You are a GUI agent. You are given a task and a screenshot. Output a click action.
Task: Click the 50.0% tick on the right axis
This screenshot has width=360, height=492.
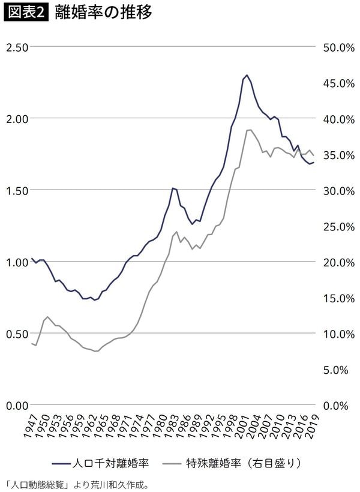click(x=339, y=47)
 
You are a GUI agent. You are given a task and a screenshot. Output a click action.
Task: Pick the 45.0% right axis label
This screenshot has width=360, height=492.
click(x=339, y=83)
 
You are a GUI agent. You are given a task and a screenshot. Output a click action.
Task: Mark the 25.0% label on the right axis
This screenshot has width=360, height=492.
click(x=339, y=226)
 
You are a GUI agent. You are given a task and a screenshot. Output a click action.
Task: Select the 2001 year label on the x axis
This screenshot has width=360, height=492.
click(x=242, y=426)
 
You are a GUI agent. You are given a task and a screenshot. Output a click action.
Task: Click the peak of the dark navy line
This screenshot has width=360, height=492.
click(x=247, y=76)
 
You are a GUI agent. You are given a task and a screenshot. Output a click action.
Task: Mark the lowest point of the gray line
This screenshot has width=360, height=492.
click(x=95, y=351)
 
